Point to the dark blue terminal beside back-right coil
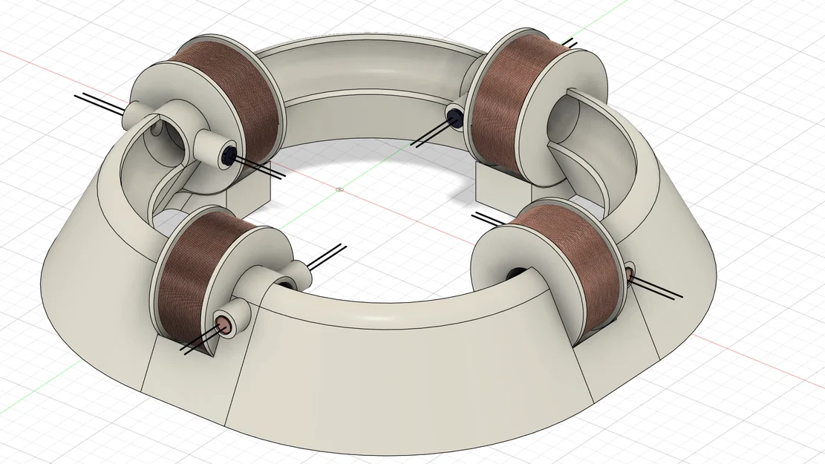click(454, 117)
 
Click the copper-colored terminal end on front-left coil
click(223, 323)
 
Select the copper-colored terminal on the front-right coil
click(630, 275)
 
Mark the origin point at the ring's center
click(339, 188)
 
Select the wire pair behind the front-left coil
click(327, 256)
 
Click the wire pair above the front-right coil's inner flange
click(490, 220)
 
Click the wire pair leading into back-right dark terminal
click(431, 134)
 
